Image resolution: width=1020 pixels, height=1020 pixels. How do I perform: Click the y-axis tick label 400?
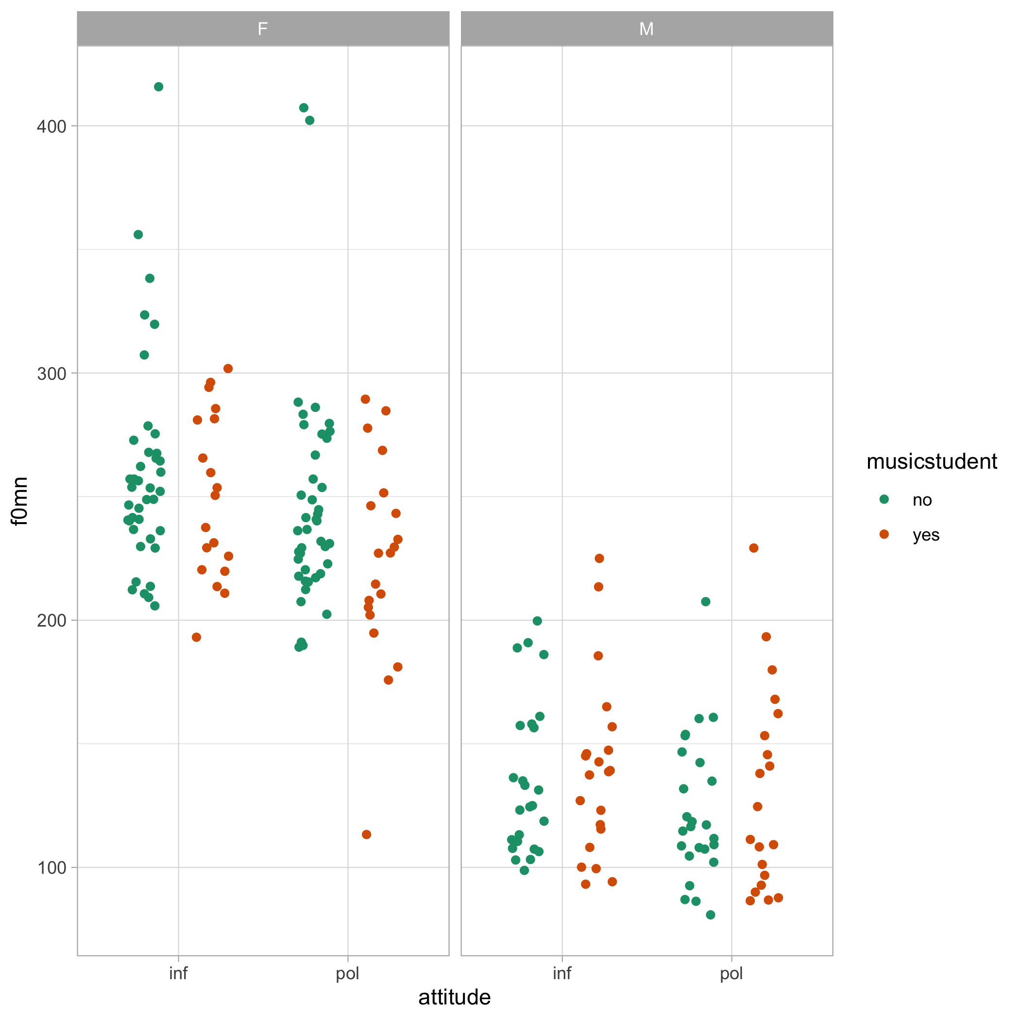click(51, 127)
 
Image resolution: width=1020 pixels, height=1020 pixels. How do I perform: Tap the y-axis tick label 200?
click(51, 620)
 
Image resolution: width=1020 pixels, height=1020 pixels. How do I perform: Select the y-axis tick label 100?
click(51, 867)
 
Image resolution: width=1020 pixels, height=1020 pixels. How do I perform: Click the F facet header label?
click(262, 29)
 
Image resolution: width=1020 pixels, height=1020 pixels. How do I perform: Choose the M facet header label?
click(646, 29)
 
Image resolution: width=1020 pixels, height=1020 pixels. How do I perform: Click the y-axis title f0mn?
click(19, 501)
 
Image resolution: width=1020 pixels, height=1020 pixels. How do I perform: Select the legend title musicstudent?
click(931, 461)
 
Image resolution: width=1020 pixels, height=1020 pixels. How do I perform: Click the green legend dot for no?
click(884, 499)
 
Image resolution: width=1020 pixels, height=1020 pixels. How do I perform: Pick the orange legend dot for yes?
click(884, 534)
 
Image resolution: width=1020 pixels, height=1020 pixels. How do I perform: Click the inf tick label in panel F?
click(178, 973)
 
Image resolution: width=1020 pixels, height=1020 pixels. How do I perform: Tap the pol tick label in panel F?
click(347, 973)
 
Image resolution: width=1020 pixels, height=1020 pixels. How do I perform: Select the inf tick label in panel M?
click(562, 973)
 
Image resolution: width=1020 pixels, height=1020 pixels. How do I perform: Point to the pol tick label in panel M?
click(731, 973)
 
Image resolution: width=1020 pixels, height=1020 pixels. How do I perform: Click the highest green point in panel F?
click(158, 86)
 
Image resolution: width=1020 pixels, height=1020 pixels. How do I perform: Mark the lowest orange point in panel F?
click(366, 834)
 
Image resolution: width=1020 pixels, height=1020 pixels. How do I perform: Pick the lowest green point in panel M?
click(711, 915)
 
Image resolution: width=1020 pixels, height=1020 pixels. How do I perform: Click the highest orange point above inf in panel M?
click(599, 559)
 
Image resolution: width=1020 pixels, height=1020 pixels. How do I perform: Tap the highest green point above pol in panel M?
click(705, 602)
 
